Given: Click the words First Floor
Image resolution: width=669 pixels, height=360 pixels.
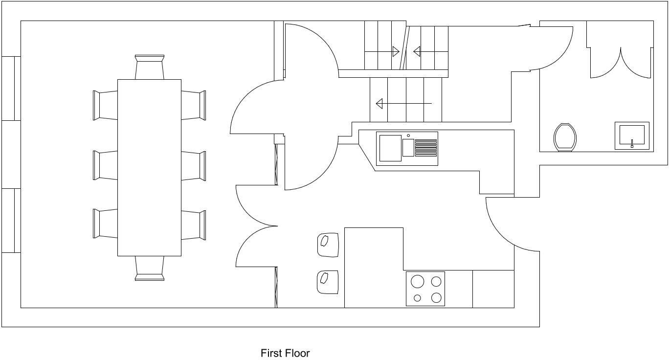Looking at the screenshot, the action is point(285,353).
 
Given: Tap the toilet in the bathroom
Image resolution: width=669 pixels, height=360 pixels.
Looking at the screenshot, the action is point(565,138).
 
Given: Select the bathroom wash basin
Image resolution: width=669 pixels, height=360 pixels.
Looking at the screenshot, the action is point(632,135).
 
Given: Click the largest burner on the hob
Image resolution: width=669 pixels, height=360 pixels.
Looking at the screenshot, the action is point(417,281).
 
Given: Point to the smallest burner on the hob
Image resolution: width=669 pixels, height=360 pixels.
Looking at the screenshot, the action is point(417,298).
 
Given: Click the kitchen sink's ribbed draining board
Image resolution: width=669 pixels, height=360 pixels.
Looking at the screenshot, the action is point(426,148).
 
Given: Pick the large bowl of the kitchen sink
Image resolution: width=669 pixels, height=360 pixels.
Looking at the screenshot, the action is point(390,148).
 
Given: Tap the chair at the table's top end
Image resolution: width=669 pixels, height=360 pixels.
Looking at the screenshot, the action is point(149,67).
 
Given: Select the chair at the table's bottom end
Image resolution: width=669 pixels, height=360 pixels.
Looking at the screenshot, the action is point(149,268).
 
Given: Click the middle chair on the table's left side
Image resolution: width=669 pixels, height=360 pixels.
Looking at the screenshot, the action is point(105,165).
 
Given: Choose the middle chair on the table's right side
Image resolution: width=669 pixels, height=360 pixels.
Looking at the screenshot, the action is point(194,166).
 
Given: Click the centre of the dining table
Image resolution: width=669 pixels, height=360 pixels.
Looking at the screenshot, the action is point(149,168).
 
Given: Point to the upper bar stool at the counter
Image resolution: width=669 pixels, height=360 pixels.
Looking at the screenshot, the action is point(328,245).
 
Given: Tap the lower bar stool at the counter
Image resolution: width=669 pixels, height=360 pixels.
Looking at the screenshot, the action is point(328,282).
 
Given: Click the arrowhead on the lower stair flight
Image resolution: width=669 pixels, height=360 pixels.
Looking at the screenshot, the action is point(379,104).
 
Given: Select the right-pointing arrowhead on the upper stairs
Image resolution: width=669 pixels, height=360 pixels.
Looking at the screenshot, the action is point(396,51).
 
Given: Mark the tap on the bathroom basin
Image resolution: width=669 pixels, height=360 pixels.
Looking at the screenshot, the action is point(632,143).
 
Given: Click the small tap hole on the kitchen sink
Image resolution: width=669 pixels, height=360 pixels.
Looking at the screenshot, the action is point(408,135).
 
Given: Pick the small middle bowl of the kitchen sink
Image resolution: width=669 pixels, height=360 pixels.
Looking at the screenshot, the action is point(408,148).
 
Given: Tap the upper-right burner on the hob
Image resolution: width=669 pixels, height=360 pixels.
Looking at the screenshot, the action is point(436,281).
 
